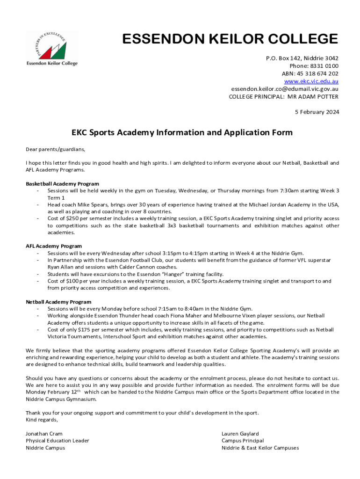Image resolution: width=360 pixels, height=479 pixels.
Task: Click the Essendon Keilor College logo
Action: click(x=51, y=48)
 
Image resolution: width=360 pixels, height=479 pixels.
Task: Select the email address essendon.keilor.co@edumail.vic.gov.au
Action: click(x=285, y=89)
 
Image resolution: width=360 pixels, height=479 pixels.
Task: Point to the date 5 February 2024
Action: click(x=317, y=112)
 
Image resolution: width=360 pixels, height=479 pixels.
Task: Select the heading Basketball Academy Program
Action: click(x=62, y=184)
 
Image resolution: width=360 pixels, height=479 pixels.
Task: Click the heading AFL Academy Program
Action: click(x=54, y=246)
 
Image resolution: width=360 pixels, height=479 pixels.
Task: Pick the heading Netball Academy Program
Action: click(x=58, y=302)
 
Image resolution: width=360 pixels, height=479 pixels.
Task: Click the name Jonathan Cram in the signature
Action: click(x=44, y=434)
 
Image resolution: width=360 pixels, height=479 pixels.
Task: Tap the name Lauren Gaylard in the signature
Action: click(x=240, y=434)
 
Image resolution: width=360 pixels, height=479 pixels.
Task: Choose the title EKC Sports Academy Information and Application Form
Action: click(x=182, y=132)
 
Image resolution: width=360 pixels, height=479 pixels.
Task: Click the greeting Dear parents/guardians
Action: click(x=56, y=149)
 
